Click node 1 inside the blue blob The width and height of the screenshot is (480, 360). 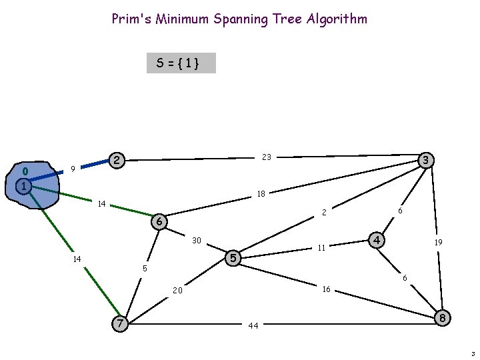[23, 186]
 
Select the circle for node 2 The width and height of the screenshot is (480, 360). [117, 160]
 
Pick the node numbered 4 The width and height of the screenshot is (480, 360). [377, 239]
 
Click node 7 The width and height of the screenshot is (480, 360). [119, 323]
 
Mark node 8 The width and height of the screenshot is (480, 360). [441, 318]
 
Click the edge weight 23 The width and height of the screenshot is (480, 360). [267, 157]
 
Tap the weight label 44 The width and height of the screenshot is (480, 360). [253, 326]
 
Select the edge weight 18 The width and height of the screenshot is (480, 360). [261, 194]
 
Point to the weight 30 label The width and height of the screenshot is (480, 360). [197, 240]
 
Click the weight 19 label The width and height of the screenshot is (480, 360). [438, 243]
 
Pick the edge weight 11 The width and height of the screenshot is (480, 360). [321, 247]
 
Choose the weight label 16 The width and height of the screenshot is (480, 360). [326, 289]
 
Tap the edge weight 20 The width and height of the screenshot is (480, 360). [178, 291]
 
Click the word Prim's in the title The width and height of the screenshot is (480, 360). [131, 19]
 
